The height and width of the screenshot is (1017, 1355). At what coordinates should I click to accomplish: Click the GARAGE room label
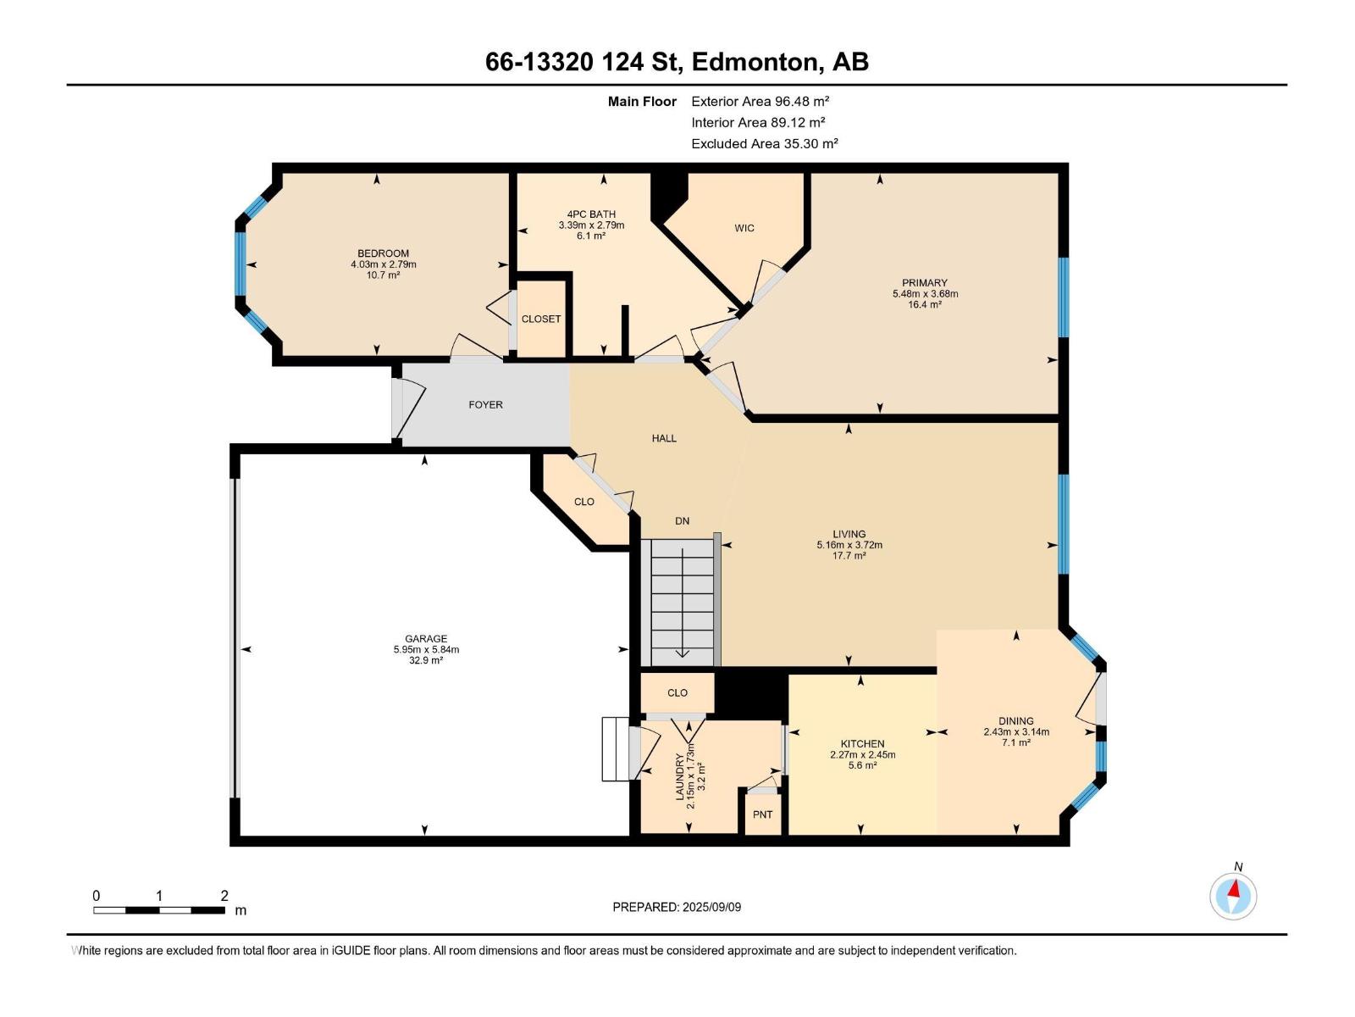click(x=425, y=639)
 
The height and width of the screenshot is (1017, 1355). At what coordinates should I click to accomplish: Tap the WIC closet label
click(x=744, y=228)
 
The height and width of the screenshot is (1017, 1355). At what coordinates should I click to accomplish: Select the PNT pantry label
click(x=762, y=814)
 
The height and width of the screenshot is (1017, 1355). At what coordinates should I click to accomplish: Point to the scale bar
click(x=159, y=910)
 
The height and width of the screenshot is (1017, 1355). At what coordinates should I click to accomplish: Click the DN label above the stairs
click(x=682, y=521)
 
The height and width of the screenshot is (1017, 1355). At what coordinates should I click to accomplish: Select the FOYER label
click(x=485, y=405)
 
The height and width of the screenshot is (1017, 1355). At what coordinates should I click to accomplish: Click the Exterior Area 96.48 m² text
click(x=760, y=101)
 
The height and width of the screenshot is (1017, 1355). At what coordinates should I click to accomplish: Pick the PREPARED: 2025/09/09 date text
click(x=677, y=907)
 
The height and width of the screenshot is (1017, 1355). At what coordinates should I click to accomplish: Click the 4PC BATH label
click(x=591, y=214)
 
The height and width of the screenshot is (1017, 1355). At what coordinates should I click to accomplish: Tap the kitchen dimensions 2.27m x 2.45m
click(x=862, y=754)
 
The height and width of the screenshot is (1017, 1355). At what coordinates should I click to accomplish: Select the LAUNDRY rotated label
click(x=679, y=776)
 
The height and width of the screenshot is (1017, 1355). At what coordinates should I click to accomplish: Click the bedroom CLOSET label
click(x=540, y=320)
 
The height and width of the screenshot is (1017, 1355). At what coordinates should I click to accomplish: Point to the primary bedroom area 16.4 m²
click(x=924, y=304)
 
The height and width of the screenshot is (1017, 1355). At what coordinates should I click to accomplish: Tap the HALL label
click(x=664, y=438)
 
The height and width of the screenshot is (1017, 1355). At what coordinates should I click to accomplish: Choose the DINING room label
click(x=1015, y=721)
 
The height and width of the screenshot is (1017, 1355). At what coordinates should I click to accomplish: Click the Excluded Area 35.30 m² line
click(x=764, y=143)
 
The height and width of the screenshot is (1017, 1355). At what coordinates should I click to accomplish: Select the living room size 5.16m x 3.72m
click(x=849, y=545)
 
